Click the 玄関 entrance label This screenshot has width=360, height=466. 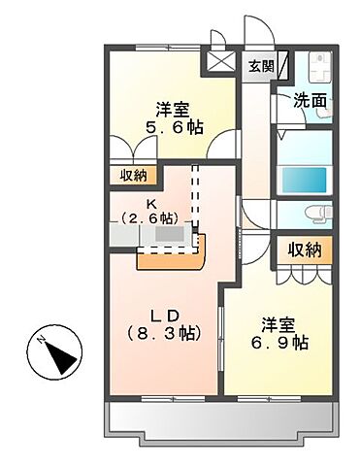[x=260, y=66]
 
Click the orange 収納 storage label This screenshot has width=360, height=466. [x=303, y=250]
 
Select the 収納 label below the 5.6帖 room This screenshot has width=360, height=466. [x=134, y=175]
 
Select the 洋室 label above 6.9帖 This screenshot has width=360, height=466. [x=279, y=324]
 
